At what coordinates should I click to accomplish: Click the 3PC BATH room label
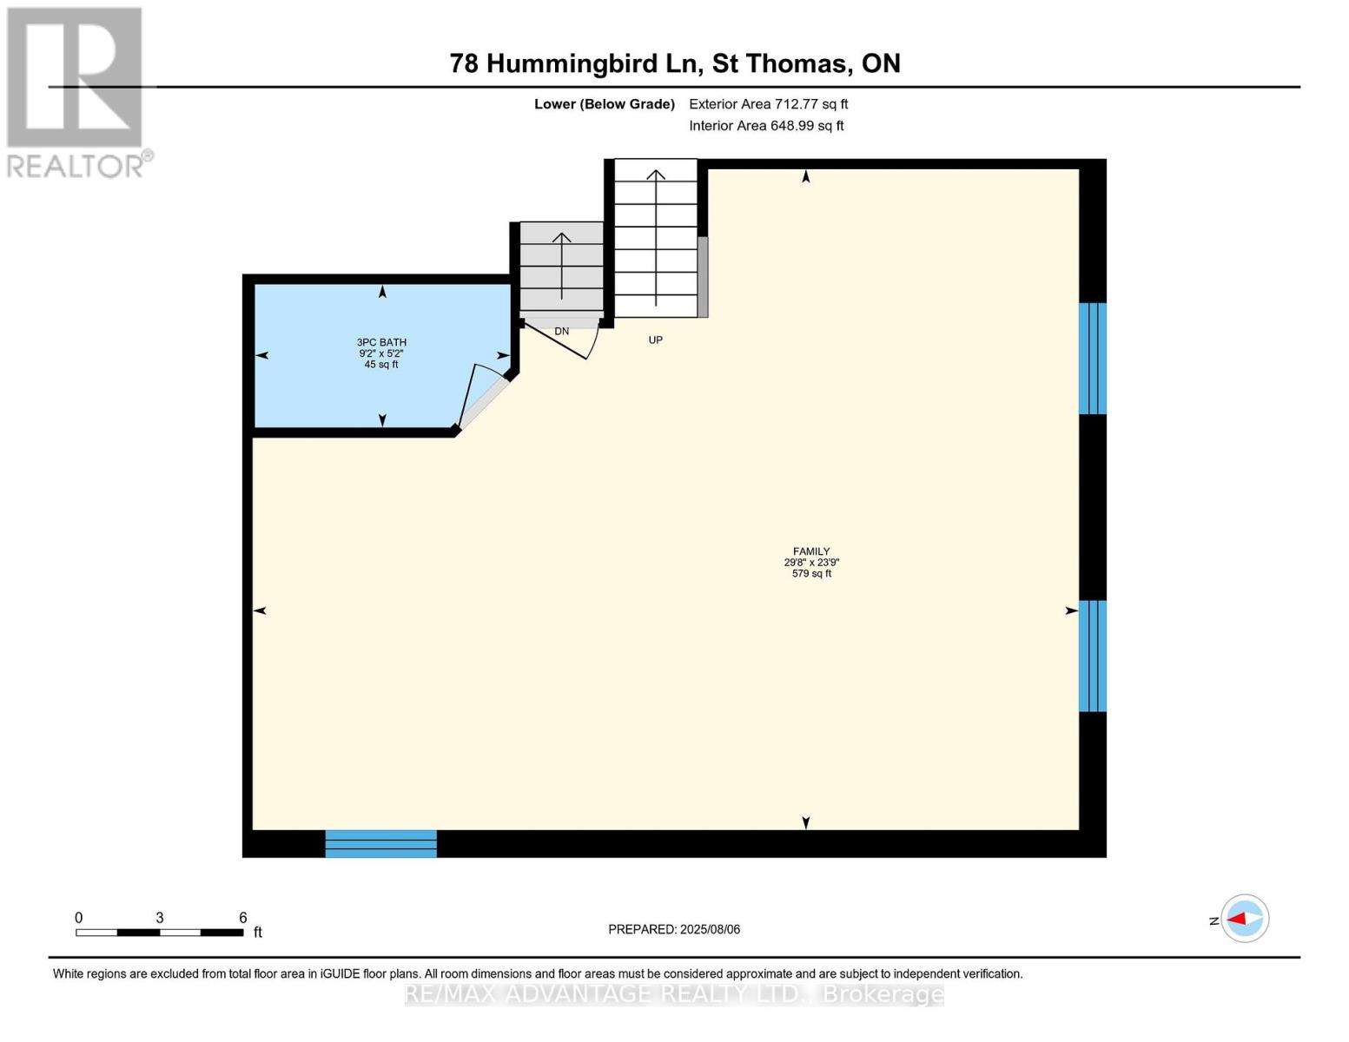click(x=382, y=343)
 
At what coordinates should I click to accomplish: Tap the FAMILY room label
click(x=811, y=551)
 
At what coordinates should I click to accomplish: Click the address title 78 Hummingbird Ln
click(x=674, y=63)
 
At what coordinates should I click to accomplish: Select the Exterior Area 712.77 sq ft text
click(x=768, y=104)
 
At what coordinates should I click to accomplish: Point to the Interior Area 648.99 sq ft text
click(x=766, y=126)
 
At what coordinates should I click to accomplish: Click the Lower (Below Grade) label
click(x=604, y=104)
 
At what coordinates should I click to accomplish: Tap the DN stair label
click(x=562, y=332)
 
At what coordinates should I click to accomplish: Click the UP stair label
click(x=656, y=340)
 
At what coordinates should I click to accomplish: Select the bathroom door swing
click(x=483, y=395)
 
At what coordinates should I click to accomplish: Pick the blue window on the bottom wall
click(x=380, y=843)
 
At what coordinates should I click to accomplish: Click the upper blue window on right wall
click(x=1092, y=359)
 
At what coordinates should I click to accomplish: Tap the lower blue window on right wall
click(x=1092, y=656)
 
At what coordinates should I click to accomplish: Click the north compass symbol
click(x=1244, y=919)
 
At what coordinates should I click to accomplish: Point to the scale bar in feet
click(x=160, y=932)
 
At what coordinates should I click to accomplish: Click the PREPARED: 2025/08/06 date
click(x=674, y=929)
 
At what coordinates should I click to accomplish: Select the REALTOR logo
click(x=76, y=92)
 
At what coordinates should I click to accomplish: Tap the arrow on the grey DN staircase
click(x=562, y=266)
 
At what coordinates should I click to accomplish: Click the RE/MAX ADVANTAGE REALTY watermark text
click(x=674, y=994)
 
